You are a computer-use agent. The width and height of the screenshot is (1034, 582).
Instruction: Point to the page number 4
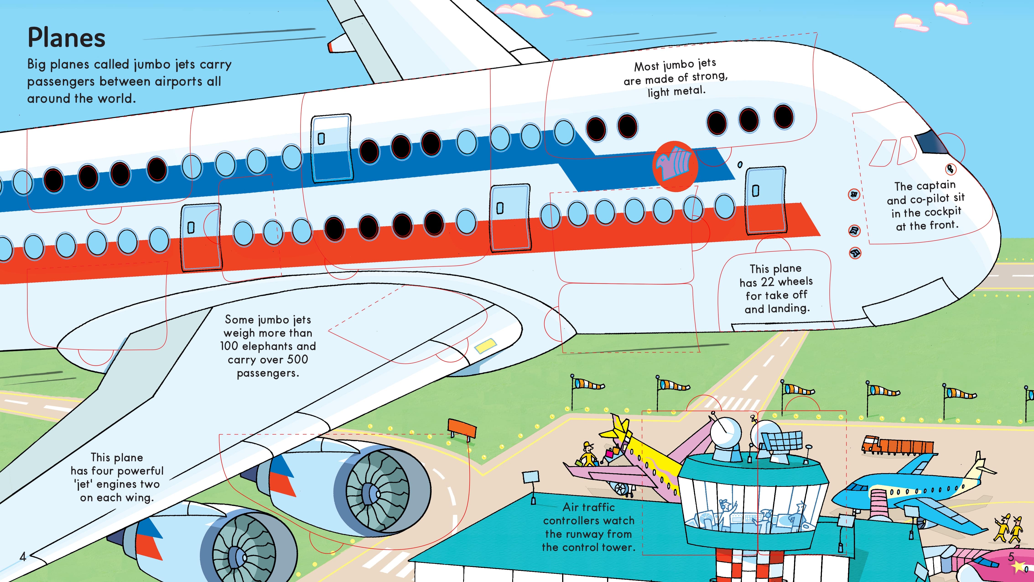(x=23, y=556)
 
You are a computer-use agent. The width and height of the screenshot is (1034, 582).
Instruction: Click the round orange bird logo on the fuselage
(x=675, y=166)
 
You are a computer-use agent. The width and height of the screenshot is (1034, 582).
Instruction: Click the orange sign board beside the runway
(x=462, y=428)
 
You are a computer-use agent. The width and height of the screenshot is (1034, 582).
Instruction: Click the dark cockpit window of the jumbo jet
(x=930, y=141)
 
